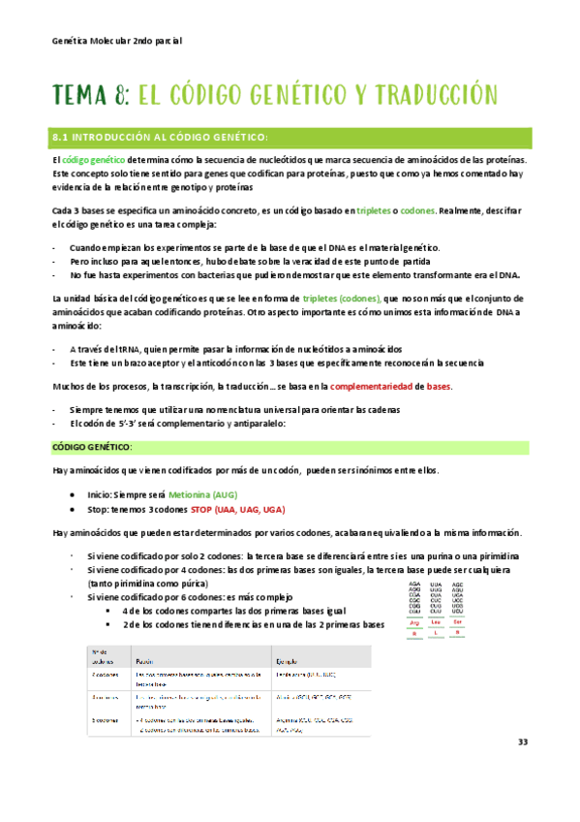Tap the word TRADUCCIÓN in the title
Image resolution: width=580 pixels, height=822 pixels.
(434, 94)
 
